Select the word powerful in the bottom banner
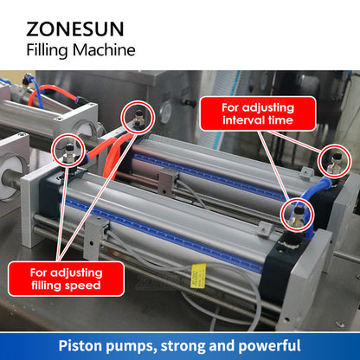point(265,344)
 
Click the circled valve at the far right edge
point(333,159)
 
